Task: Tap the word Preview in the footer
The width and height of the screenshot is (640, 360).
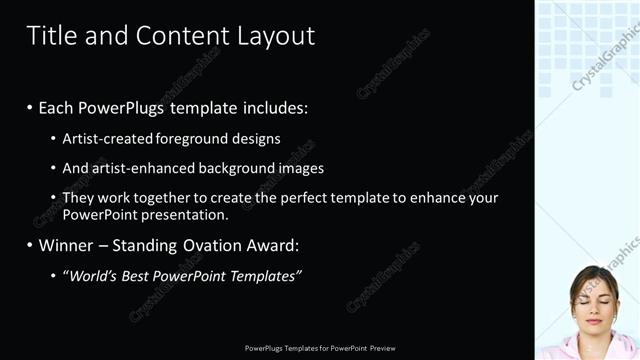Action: click(382, 348)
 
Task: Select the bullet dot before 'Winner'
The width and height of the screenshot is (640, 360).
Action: click(29, 245)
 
